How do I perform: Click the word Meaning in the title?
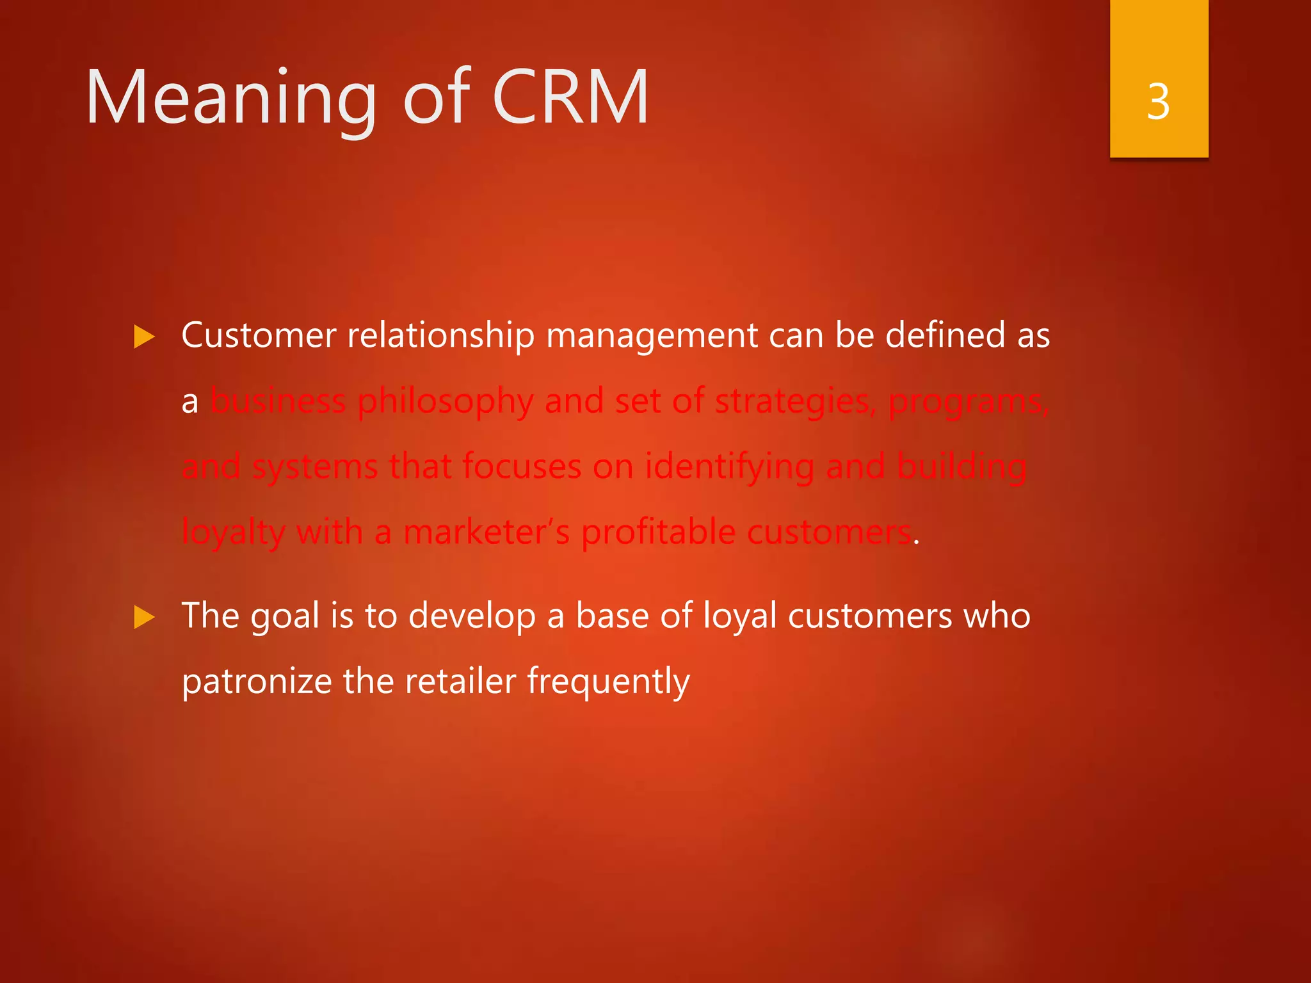[x=230, y=99]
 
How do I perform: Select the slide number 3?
[x=1159, y=101]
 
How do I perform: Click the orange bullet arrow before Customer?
[x=145, y=337]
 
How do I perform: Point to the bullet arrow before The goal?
[x=145, y=618]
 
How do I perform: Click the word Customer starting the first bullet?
[x=259, y=335]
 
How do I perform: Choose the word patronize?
[x=256, y=682]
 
